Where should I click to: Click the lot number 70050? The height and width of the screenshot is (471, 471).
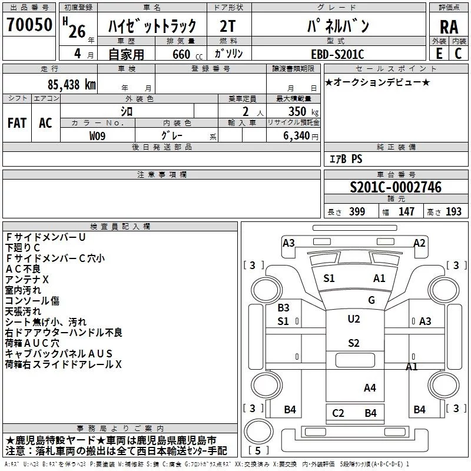[x=29, y=24]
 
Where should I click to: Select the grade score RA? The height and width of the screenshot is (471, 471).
[x=449, y=27]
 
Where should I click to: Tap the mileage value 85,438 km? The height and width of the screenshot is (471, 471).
[x=71, y=84]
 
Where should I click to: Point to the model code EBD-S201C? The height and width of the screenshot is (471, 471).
[x=337, y=54]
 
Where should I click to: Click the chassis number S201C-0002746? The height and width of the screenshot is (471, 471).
[x=396, y=187]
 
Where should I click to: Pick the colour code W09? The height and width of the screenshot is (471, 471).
[x=97, y=136]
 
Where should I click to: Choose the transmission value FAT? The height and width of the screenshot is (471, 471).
[x=17, y=123]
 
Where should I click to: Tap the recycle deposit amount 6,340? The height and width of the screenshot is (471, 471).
[x=297, y=136]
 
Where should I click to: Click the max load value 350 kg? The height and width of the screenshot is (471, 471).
[x=303, y=111]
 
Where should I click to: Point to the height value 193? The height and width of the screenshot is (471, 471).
[x=453, y=211]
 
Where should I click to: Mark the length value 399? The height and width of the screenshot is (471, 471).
[x=357, y=211]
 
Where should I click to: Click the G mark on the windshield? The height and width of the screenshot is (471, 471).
[x=372, y=300]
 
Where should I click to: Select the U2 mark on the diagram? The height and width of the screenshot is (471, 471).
[x=354, y=319]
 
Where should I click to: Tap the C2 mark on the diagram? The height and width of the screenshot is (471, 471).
[x=338, y=413]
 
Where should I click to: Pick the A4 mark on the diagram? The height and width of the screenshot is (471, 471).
[x=370, y=388]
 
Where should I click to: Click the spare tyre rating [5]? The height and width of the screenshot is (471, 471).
[x=258, y=450]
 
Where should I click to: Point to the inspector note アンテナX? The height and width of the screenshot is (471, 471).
[x=27, y=280]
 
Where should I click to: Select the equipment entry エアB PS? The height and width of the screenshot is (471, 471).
[x=346, y=159]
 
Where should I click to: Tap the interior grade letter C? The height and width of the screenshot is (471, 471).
[x=458, y=54]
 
